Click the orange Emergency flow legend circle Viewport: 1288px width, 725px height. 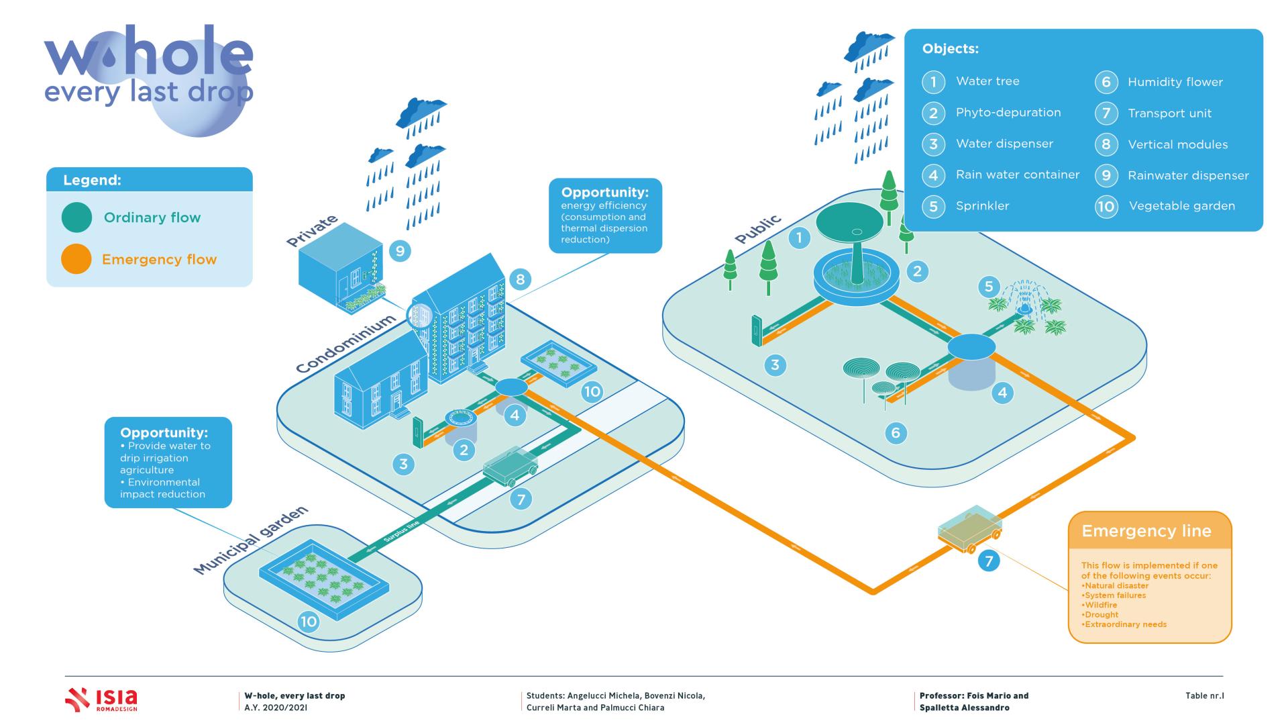coord(76,258)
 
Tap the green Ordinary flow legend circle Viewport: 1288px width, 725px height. coord(76,217)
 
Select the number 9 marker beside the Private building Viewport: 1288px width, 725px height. coord(400,251)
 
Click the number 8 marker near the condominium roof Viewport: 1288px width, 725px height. coord(521,279)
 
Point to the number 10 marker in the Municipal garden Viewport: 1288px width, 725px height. coord(308,622)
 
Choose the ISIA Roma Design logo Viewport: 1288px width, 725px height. coord(101,699)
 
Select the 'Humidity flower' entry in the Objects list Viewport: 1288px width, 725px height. coord(1175,82)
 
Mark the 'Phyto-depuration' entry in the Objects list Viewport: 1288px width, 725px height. coord(1008,113)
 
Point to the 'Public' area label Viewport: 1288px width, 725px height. coord(758,229)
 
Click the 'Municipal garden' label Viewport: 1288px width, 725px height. coord(251,540)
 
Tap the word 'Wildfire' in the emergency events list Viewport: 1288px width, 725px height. coord(1100,605)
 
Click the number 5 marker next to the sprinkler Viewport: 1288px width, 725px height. coord(988,287)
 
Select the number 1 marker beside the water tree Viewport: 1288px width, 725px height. coord(799,237)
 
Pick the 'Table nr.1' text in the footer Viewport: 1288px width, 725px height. coord(1204,695)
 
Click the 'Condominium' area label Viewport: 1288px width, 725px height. coord(345,344)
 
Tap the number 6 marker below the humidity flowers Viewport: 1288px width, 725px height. coord(896,433)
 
